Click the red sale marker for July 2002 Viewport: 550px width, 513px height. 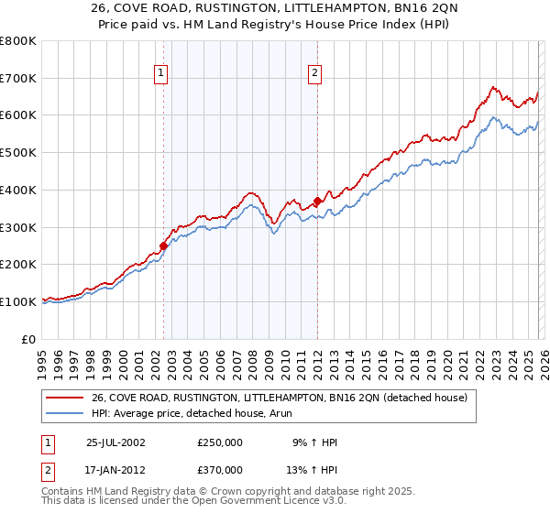tap(164, 246)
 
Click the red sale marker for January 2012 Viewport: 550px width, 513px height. tap(317, 201)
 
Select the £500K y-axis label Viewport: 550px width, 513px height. tap(18, 153)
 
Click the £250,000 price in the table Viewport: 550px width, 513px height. tap(220, 442)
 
